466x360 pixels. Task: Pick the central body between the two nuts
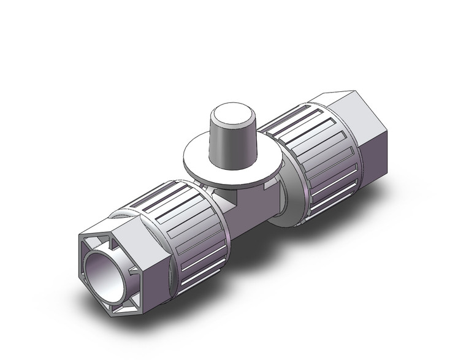coord(258,196)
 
